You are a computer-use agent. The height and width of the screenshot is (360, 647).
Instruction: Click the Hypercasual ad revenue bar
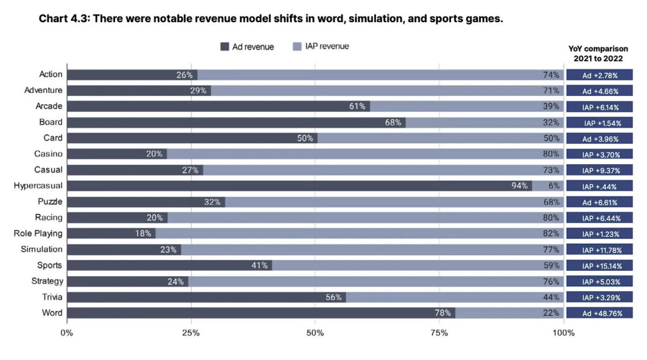[297, 186]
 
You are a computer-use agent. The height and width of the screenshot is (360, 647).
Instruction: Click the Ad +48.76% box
[599, 313]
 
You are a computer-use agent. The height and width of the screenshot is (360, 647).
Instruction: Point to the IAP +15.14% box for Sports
[599, 265]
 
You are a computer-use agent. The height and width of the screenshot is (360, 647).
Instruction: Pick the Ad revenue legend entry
[247, 47]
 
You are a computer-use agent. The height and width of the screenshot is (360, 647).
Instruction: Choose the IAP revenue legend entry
[321, 47]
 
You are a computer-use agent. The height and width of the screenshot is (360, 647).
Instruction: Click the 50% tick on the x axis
[315, 333]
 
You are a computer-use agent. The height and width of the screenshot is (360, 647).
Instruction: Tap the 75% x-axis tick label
[440, 333]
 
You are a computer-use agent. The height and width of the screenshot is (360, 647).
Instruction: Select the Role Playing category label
[38, 234]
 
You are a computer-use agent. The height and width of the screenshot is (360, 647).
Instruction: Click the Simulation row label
[42, 249]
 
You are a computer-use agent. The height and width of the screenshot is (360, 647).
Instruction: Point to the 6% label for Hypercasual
[553, 186]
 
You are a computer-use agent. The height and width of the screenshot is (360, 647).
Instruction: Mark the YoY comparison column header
[598, 54]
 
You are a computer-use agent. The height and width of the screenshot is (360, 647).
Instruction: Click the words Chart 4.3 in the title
[63, 19]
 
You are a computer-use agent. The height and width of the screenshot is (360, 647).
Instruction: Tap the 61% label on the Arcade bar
[357, 107]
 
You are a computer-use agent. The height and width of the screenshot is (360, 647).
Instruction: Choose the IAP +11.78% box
[599, 249]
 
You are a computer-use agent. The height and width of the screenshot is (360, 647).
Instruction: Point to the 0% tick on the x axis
[66, 333]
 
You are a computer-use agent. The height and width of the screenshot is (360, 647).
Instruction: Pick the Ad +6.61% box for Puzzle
[599, 202]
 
